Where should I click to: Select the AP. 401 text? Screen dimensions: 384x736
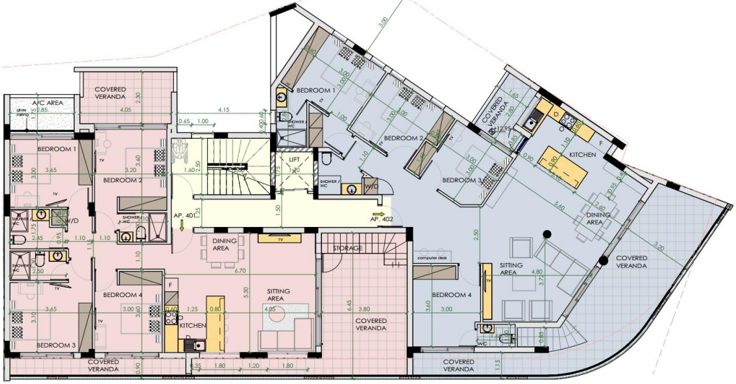pos(184,215)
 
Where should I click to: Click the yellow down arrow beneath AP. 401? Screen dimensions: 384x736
pos(182,225)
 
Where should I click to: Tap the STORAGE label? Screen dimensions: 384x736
pos(347,248)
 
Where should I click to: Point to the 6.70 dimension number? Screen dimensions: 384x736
pos(243,270)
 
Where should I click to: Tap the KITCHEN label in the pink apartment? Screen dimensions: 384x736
pos(193,326)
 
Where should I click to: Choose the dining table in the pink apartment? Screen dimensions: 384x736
pos(221,254)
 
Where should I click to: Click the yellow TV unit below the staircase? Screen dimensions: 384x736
pos(278,237)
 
